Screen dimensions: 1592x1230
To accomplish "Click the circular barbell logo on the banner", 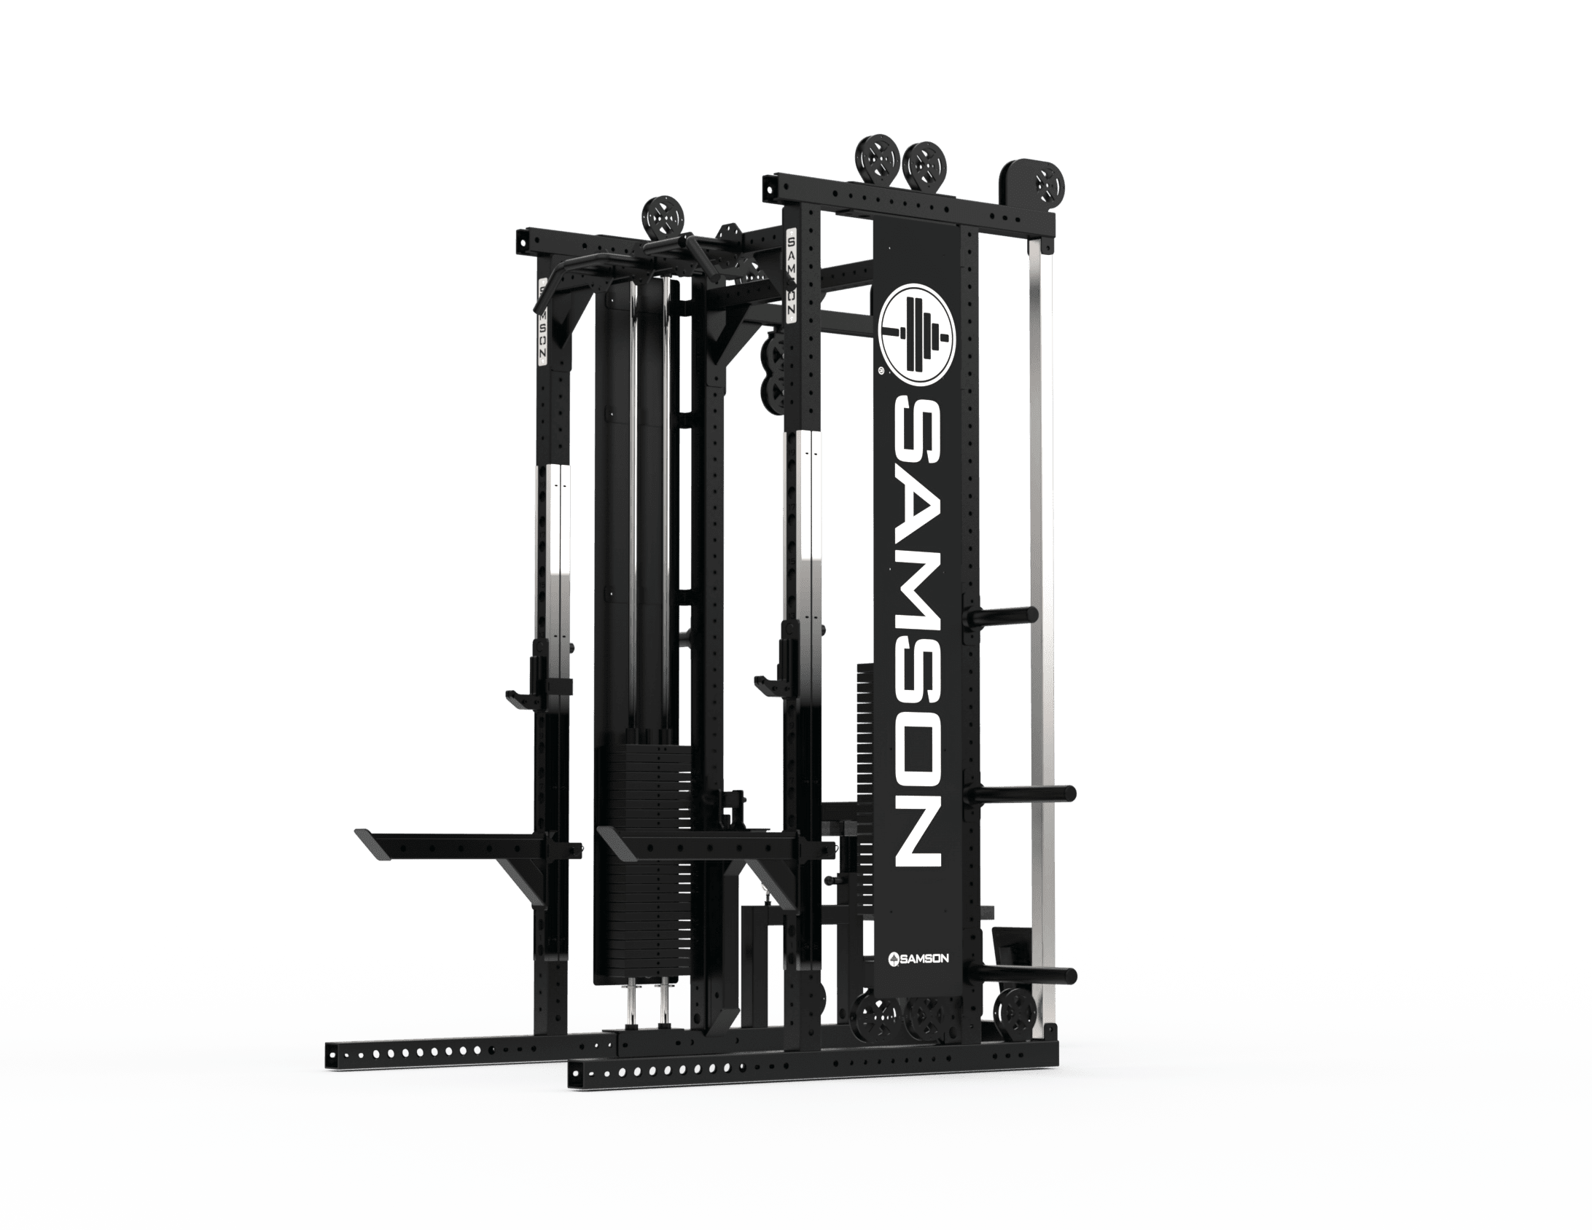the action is pos(916,335).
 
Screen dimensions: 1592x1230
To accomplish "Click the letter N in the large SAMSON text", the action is pos(916,832).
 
